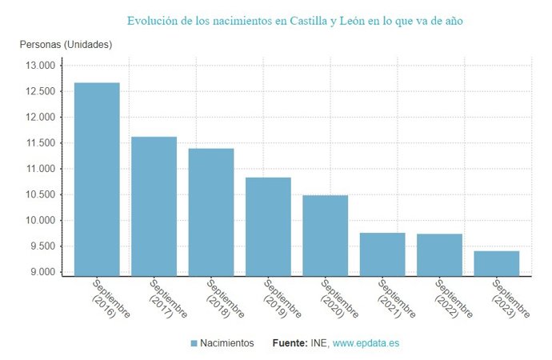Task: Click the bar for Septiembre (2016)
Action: pyautogui.click(x=97, y=179)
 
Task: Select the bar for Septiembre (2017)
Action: pyautogui.click(x=154, y=206)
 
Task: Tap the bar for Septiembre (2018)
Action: pyautogui.click(x=211, y=212)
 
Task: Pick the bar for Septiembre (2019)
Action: pyautogui.click(x=268, y=226)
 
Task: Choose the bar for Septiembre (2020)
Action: pyautogui.click(x=325, y=235)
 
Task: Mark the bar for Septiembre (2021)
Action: pyautogui.click(x=382, y=254)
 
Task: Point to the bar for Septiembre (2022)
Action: pyautogui.click(x=439, y=254)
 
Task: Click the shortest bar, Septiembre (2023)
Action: pyautogui.click(x=497, y=263)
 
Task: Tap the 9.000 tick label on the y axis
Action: pyautogui.click(x=44, y=272)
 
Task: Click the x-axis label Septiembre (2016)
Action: pyautogui.click(x=109, y=298)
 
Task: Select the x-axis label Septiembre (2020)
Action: pyautogui.click(x=337, y=298)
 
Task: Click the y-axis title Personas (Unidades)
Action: pyautogui.click(x=66, y=44)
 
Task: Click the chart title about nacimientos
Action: pyautogui.click(x=294, y=20)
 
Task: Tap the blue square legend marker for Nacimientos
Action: pyautogui.click(x=194, y=343)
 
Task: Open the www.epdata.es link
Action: pyautogui.click(x=366, y=343)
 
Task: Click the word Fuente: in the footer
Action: pyautogui.click(x=289, y=343)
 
